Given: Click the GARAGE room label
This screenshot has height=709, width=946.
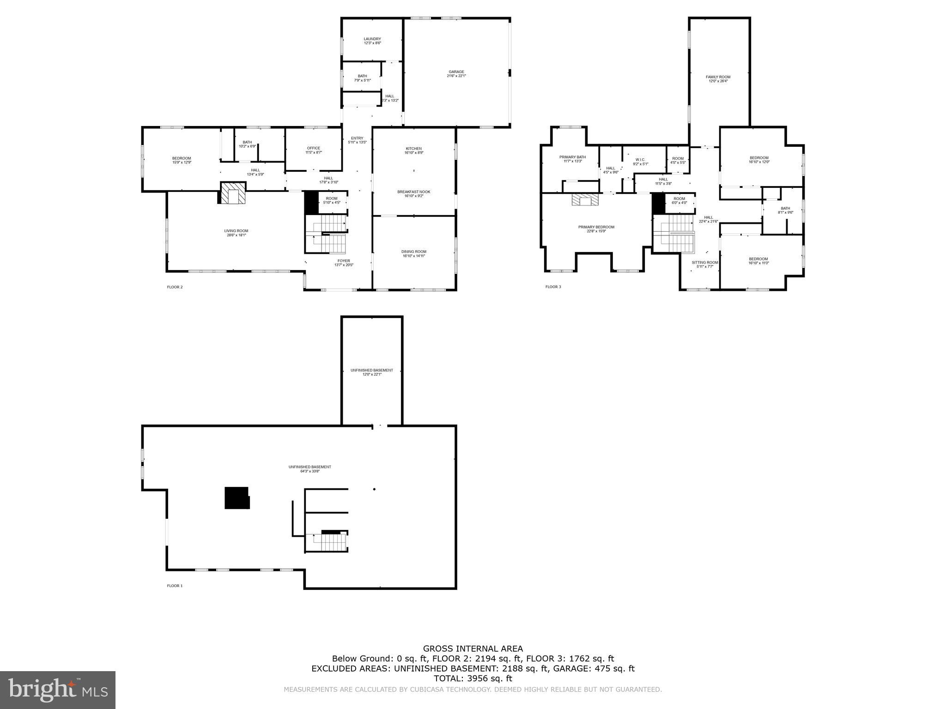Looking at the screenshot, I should (456, 72).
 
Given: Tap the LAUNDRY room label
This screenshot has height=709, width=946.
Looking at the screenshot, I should (372, 39).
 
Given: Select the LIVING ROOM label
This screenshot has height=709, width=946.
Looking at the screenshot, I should (236, 231).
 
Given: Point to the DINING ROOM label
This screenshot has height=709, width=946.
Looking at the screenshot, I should (413, 252).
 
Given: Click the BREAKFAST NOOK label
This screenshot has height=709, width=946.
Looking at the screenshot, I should (413, 192).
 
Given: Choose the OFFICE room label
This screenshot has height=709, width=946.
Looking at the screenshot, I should (313, 149).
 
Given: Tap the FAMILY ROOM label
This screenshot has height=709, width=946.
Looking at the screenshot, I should (718, 78).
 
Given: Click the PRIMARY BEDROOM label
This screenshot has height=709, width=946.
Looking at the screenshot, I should (596, 227).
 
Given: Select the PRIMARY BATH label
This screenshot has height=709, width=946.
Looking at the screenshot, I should (572, 157).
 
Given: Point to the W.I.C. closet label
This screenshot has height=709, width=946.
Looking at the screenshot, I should (640, 160).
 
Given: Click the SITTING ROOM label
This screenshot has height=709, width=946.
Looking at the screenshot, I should (704, 263).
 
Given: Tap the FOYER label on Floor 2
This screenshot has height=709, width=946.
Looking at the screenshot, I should (343, 261).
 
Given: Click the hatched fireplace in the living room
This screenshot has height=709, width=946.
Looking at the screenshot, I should (232, 193).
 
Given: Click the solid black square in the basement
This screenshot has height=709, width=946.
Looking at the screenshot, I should (236, 498).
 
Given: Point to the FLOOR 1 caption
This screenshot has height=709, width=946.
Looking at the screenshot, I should (175, 586).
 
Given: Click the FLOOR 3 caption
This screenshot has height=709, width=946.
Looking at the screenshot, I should (553, 287).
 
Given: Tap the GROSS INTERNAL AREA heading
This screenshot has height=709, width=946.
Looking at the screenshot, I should (473, 649).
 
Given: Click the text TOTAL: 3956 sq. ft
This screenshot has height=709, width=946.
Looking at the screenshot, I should (473, 679).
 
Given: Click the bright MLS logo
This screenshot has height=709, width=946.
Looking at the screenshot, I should (58, 690).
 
